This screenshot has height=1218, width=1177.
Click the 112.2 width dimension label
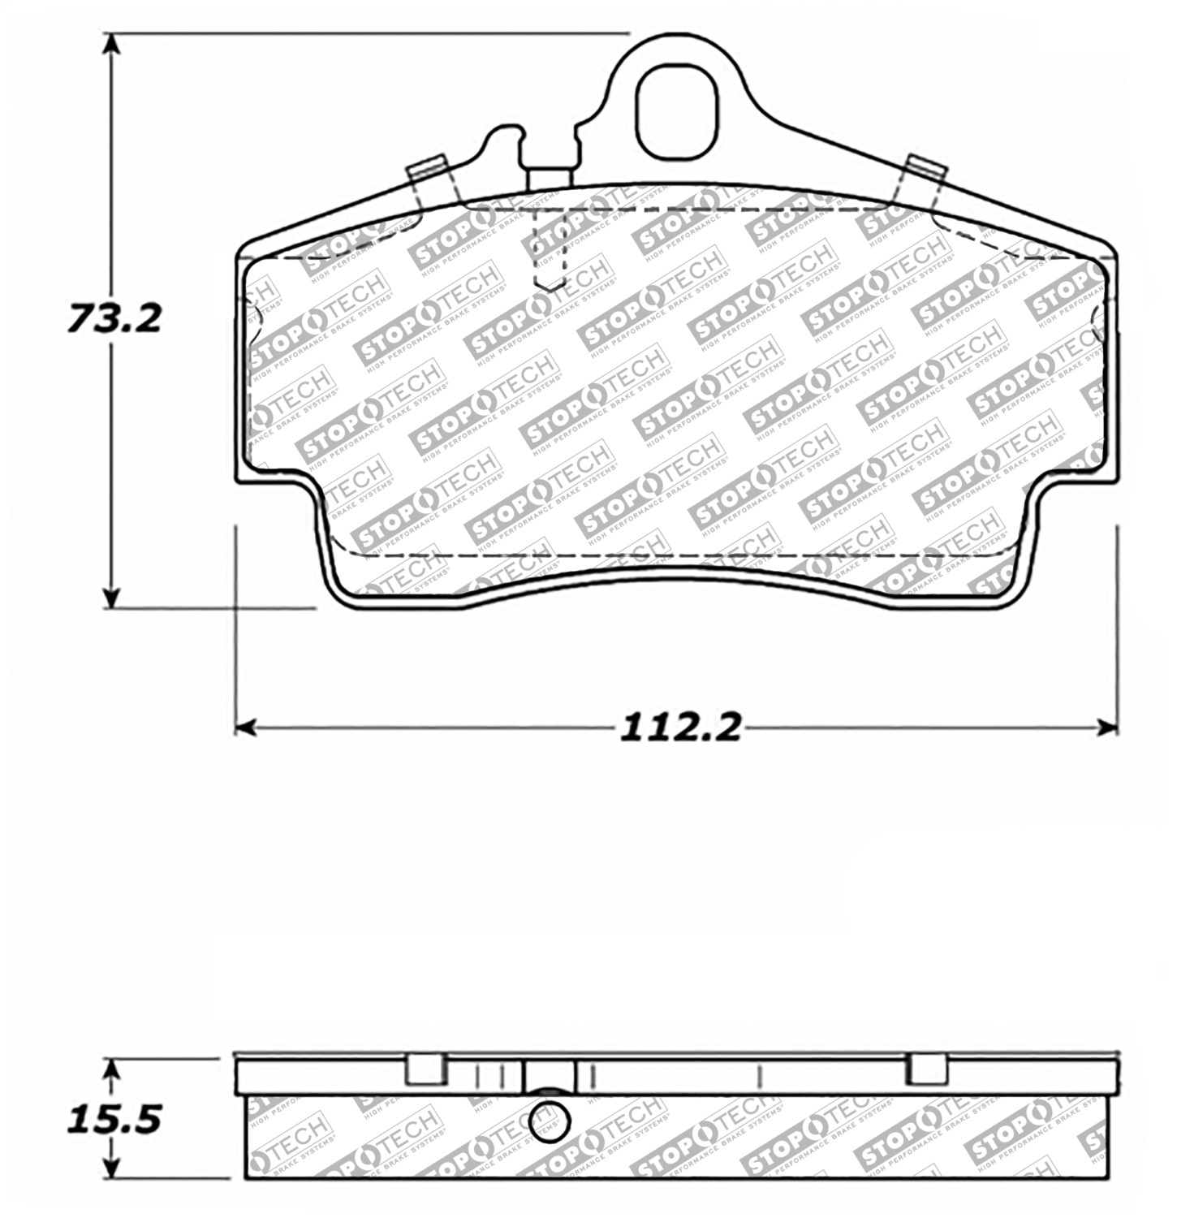tap(680, 728)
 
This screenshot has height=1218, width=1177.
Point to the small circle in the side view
tap(549, 1121)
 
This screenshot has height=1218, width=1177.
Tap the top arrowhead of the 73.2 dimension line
tap(114, 45)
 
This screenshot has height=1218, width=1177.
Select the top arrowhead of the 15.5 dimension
tap(114, 1069)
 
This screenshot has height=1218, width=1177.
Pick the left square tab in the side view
tap(425, 1069)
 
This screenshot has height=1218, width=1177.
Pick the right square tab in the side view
tap(926, 1069)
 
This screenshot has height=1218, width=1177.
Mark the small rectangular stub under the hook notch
tap(550, 178)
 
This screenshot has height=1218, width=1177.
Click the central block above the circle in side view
tap(550, 1076)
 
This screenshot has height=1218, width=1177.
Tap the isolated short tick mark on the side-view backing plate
tap(758, 1076)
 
